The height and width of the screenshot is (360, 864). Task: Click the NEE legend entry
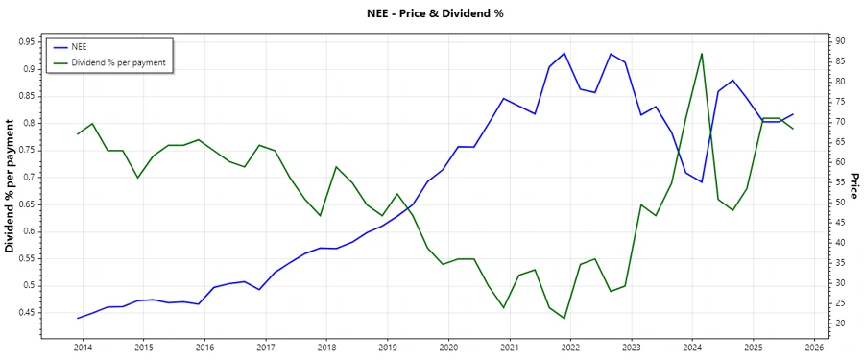[x=80, y=46]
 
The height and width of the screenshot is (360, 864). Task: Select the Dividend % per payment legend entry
[x=118, y=62]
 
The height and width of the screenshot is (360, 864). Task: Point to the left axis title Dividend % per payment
[x=11, y=185]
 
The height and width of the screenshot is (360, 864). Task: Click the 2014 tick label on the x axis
[x=83, y=347]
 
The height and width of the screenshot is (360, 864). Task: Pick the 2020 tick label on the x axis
[x=448, y=347]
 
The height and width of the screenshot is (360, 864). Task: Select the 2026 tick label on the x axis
[x=815, y=347]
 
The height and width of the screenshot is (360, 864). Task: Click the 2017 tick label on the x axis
[x=266, y=347]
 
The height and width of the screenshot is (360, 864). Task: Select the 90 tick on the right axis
[x=838, y=41]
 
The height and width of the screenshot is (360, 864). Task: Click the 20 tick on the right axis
[x=838, y=324]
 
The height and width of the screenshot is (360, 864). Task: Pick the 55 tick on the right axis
[x=838, y=182]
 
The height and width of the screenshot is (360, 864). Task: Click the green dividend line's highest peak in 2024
[x=702, y=54]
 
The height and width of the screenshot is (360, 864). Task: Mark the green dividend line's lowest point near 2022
[x=564, y=319]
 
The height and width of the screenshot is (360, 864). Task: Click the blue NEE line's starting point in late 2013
[x=78, y=318]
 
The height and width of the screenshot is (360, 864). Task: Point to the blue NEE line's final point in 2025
[x=793, y=114]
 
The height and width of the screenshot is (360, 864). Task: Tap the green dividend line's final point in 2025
[x=793, y=129]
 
